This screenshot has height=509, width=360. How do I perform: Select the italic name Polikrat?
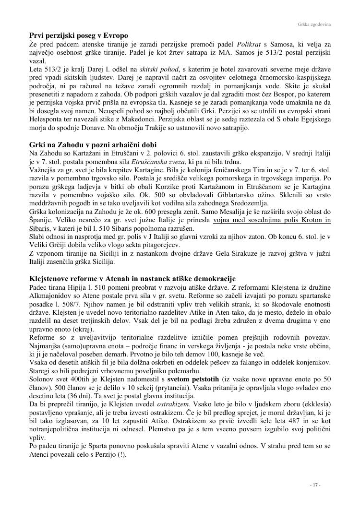click(250, 44)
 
